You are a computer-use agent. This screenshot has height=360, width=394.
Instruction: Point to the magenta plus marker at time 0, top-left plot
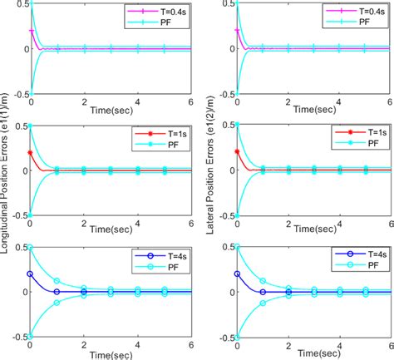pos(30,31)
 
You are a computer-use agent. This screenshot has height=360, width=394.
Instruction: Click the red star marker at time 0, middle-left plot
pos(30,153)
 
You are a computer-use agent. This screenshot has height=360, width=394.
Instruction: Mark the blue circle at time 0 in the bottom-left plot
pos(30,274)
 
